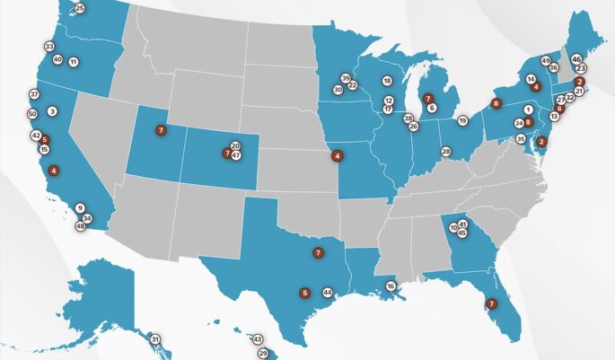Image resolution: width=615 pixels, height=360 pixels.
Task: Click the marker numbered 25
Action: [x=79, y=8]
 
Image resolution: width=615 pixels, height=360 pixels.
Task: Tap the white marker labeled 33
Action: [x=48, y=47]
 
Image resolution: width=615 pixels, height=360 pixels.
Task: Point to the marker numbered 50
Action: [x=32, y=114]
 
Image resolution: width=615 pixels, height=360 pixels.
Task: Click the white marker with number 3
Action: [x=52, y=111]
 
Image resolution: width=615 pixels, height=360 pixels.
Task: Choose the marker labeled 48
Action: [x=80, y=226]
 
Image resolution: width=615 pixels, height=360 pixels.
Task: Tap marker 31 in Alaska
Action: [x=154, y=339]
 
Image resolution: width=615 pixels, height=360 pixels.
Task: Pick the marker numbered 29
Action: [x=263, y=354]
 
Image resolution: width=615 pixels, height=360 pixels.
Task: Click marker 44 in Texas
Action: [x=328, y=293]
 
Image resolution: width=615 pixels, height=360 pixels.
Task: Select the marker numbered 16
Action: [x=391, y=286]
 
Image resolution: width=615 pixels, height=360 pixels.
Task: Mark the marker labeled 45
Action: [x=462, y=233]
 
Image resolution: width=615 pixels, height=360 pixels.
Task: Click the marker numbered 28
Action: [x=446, y=152]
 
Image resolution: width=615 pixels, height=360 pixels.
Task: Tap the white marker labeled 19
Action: [x=462, y=120]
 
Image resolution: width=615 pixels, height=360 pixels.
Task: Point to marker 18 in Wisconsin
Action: [x=387, y=81]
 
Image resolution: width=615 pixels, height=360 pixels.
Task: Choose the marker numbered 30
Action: [x=338, y=90]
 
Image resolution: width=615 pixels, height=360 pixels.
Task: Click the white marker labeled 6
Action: [x=432, y=108]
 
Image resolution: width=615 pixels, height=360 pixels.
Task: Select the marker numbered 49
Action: [x=545, y=60]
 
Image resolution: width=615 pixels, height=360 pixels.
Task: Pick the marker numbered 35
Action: [x=521, y=139]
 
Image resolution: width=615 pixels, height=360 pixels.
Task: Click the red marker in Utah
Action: [x=161, y=130]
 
